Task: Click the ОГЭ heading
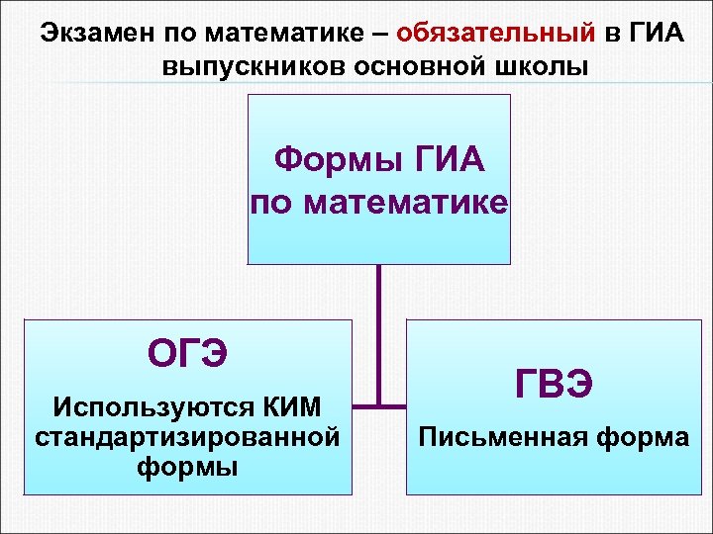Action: click(x=187, y=351)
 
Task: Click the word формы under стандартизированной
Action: click(x=187, y=466)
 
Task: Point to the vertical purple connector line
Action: click(x=378, y=326)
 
